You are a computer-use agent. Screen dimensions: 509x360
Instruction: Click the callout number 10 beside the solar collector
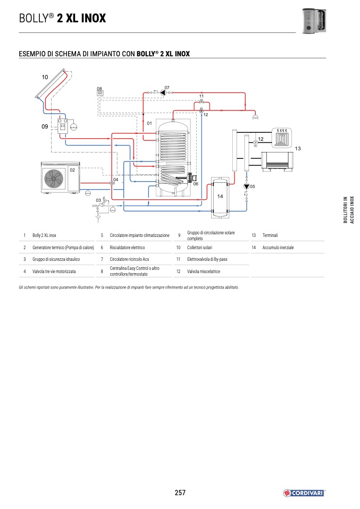click(45, 78)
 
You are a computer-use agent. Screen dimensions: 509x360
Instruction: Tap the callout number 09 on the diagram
click(45, 126)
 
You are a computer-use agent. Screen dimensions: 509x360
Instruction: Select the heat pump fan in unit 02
click(54, 177)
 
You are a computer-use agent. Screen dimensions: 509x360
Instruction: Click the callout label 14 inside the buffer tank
click(220, 196)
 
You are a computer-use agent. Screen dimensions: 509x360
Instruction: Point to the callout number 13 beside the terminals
click(298, 148)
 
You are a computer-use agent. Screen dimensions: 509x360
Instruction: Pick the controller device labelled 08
click(99, 94)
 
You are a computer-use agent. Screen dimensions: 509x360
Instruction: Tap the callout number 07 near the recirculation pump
click(166, 87)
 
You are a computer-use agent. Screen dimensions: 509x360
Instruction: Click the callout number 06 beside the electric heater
click(196, 184)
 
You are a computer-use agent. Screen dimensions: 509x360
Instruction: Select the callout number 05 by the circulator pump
click(253, 186)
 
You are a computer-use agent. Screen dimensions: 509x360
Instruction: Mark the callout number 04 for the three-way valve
click(115, 180)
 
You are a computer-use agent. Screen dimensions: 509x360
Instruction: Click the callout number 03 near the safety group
click(98, 200)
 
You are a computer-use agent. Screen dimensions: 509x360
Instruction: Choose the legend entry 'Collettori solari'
click(199, 248)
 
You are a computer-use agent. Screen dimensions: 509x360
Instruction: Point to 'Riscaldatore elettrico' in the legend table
click(127, 248)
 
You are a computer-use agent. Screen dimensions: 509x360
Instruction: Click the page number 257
click(180, 493)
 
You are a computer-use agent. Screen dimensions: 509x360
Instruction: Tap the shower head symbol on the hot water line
click(256, 115)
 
